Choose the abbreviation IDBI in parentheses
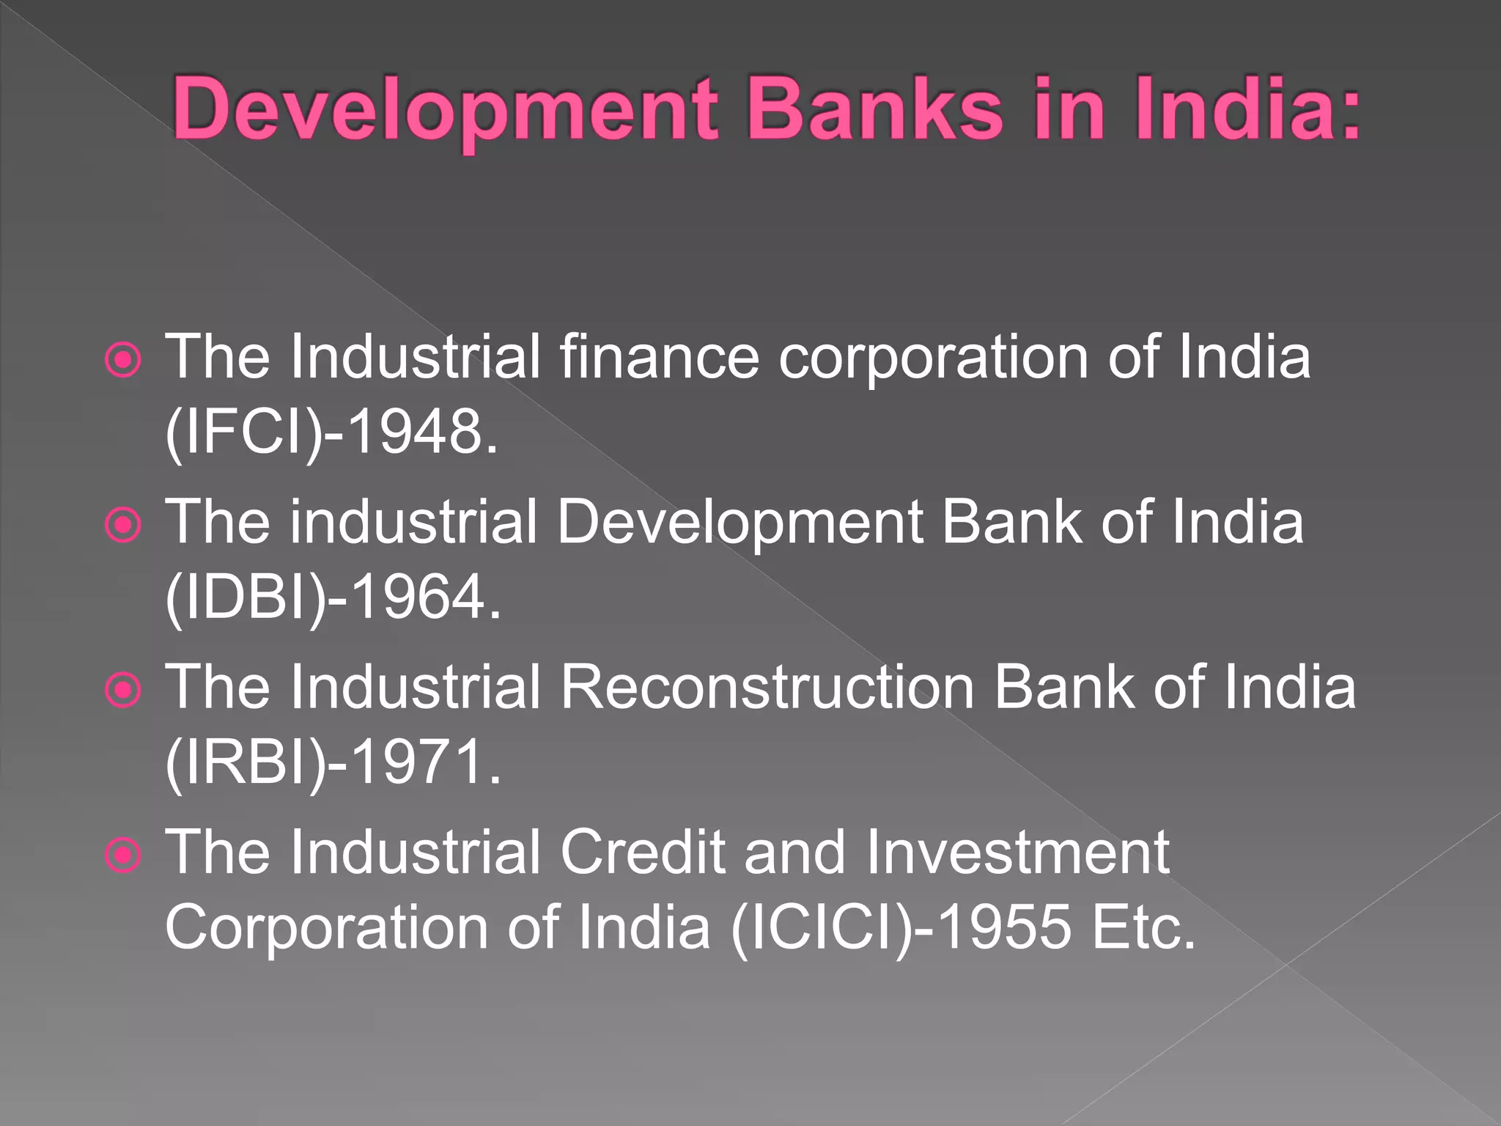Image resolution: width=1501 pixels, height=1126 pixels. [x=245, y=597]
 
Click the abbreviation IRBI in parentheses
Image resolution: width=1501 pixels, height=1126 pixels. [x=245, y=762]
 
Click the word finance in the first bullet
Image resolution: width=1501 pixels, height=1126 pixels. [x=660, y=358]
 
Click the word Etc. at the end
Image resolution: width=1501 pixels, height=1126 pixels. [x=1143, y=927]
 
